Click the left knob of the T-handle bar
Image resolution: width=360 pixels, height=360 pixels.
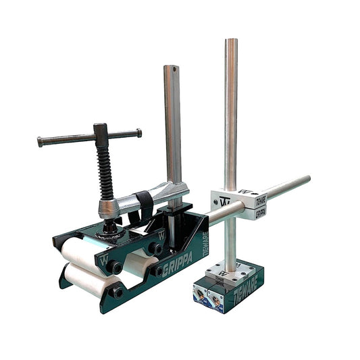(x=41, y=142)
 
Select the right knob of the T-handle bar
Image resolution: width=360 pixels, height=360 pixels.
(x=138, y=132)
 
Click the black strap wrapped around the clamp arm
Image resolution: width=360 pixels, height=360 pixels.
(x=144, y=207)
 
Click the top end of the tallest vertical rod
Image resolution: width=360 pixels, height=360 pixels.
(x=231, y=43)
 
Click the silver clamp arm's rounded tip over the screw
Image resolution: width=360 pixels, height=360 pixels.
(x=107, y=209)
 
